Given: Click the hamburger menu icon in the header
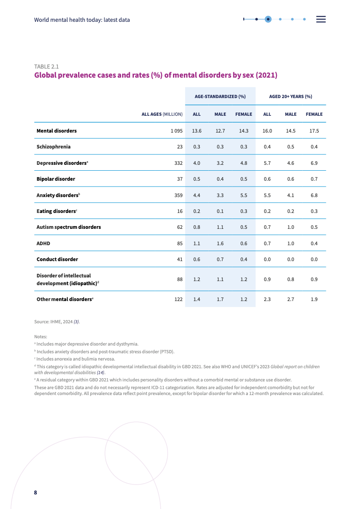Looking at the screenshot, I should [x=321, y=19].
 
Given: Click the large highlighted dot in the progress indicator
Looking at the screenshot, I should [x=268, y=19].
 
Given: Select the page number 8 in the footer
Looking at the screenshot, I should [x=35, y=493].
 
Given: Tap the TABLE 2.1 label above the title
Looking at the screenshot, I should [x=46, y=66].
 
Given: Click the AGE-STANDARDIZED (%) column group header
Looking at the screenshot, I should [x=220, y=97].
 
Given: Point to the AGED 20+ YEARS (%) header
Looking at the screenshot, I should [x=291, y=97].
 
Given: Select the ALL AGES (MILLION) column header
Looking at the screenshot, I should [x=162, y=114].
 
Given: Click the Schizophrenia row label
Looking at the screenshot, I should [x=54, y=147].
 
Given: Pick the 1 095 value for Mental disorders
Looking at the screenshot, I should [x=177, y=131].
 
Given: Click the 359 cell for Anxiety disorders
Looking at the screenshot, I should [x=178, y=195].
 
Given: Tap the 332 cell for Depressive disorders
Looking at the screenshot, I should [x=178, y=163].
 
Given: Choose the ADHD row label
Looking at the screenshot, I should [x=43, y=243].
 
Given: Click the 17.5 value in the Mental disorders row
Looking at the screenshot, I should [x=314, y=131].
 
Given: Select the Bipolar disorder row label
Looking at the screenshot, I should [x=56, y=179].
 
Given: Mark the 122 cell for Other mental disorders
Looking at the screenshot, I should [x=178, y=300].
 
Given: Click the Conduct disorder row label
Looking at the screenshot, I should [x=57, y=259].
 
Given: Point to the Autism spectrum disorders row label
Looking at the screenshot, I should [x=69, y=227].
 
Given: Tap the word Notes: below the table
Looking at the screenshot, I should [x=40, y=336].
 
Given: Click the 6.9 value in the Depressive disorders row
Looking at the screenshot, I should [x=314, y=163].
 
